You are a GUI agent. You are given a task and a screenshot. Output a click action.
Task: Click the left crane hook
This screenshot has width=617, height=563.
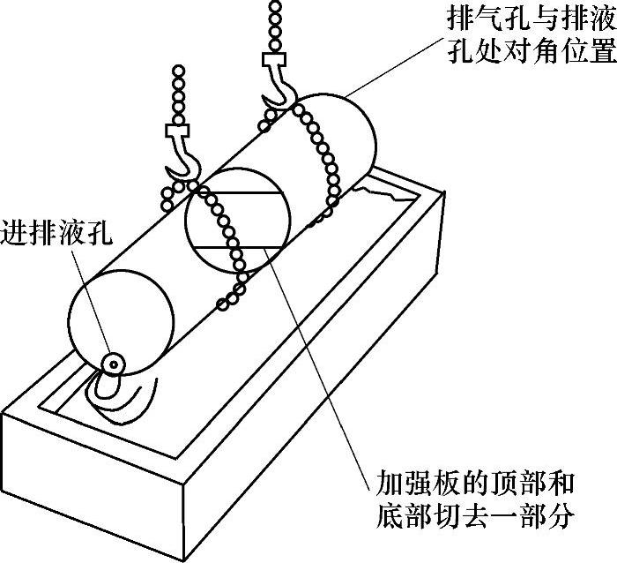(x=184, y=164)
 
